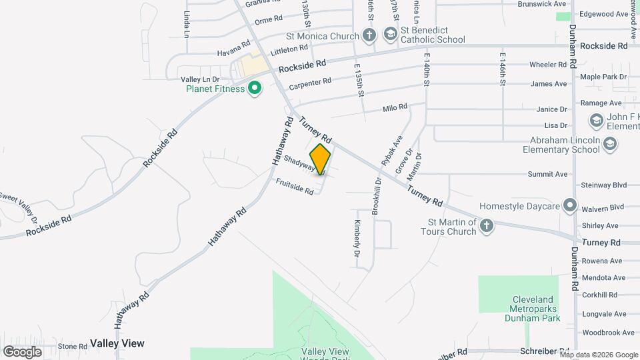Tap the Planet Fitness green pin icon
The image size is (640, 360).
coord(254,88)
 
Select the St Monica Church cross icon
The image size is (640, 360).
coord(370,35)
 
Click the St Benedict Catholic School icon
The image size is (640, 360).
coord(390,34)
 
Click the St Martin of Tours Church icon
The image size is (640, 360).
coord(487,226)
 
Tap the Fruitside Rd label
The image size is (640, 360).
coord(294,186)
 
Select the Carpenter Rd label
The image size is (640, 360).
coord(310,83)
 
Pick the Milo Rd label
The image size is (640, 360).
coord(395,108)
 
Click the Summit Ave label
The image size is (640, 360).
coord(547,174)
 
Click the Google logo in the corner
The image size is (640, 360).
coord(22,351)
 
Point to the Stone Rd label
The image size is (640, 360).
coord(73,346)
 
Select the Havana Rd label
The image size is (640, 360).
coord(233,52)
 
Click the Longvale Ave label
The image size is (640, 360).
coord(603,313)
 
